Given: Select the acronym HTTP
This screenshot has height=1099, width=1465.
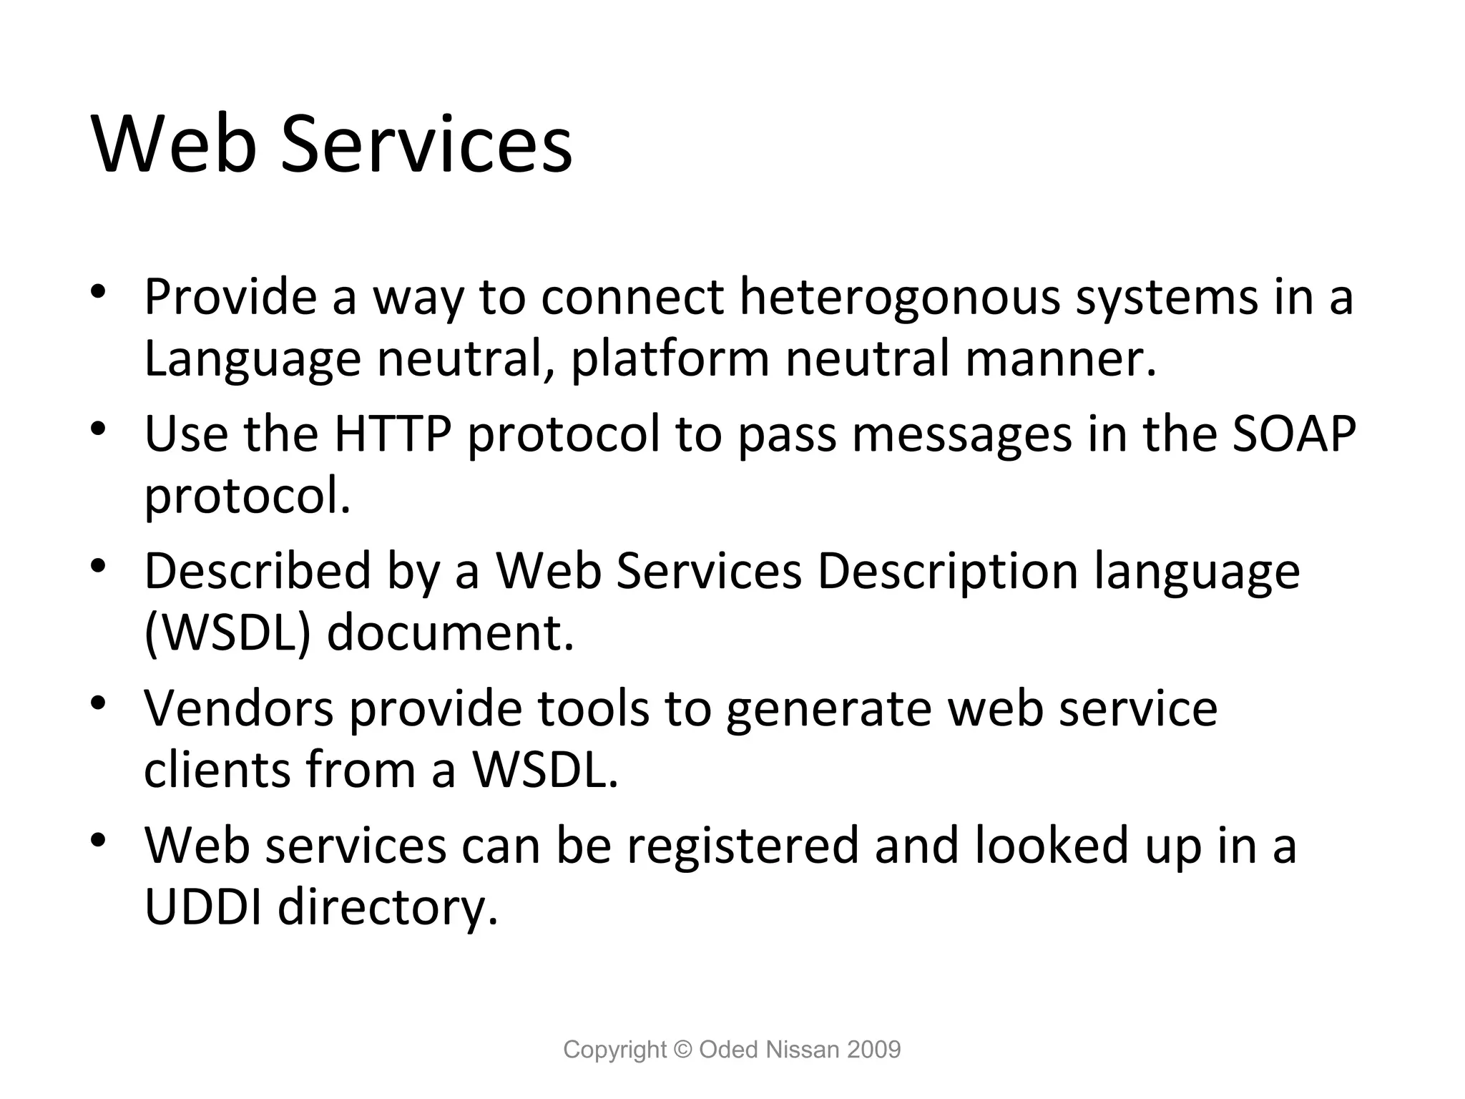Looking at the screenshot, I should click(x=393, y=434).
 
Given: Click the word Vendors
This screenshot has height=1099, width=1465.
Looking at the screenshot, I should click(x=239, y=708).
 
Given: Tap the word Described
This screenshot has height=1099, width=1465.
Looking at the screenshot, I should click(x=258, y=571).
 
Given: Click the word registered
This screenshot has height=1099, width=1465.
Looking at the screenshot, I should click(x=743, y=845).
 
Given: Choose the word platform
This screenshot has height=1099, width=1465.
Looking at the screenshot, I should click(x=670, y=359).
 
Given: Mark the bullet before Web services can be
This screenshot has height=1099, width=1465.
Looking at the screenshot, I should click(x=99, y=840).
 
